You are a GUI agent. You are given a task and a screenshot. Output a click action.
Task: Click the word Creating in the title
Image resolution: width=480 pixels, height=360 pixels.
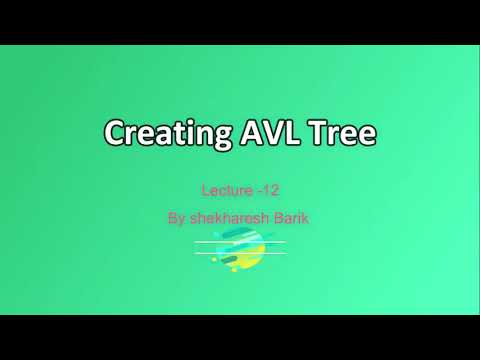158,133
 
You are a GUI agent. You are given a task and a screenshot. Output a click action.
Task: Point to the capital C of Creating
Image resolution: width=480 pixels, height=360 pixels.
115,133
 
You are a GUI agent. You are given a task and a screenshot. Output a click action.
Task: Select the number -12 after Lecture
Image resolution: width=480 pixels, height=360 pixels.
264,188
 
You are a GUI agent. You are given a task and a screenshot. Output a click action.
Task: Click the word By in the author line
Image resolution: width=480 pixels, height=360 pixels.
180,215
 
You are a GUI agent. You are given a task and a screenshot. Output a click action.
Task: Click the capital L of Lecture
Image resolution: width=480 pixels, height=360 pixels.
205,188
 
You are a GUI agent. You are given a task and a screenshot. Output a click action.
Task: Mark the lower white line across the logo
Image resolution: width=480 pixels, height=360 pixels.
240,252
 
